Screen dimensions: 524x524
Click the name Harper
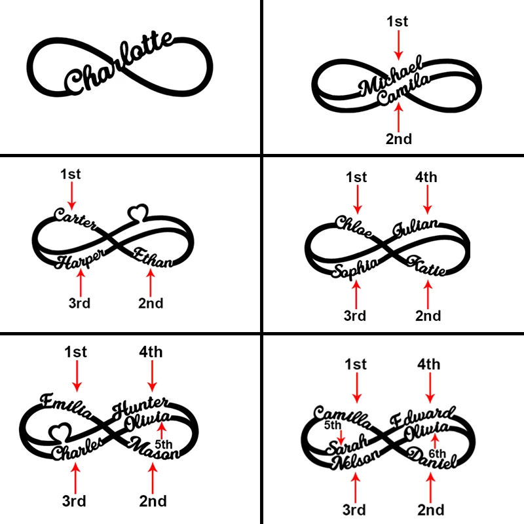pos(79,260)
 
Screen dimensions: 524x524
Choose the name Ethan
pos(153,257)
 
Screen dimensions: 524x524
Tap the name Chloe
pos(354,225)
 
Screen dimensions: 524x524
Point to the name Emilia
pos(68,403)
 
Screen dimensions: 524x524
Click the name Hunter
pos(141,405)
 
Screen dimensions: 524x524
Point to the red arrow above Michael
pos(397,45)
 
